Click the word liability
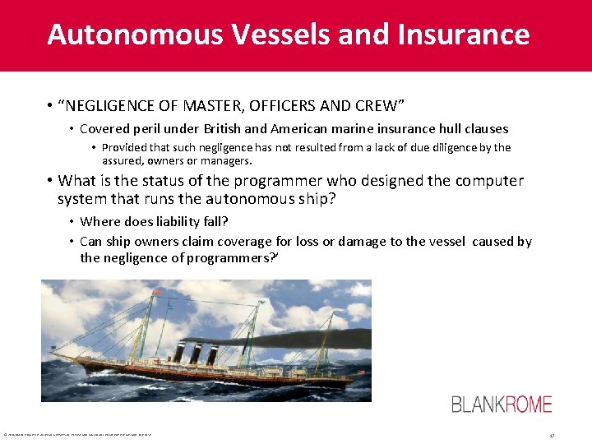[x=176, y=221]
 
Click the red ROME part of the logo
[x=523, y=404]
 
